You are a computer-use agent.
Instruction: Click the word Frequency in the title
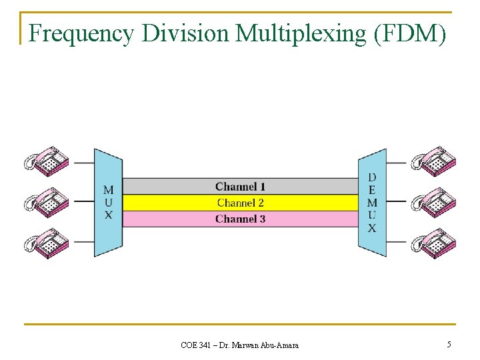[81, 33]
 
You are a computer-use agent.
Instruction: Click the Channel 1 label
[240, 187]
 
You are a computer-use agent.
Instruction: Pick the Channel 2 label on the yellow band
[240, 203]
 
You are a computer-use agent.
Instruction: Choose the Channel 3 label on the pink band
[240, 219]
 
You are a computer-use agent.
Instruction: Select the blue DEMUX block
[372, 203]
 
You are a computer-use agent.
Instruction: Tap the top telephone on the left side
[47, 162]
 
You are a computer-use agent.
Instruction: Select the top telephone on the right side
[433, 162]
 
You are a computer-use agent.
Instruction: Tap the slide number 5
[449, 345]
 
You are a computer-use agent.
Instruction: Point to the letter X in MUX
[108, 215]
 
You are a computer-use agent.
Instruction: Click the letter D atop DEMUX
[372, 177]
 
